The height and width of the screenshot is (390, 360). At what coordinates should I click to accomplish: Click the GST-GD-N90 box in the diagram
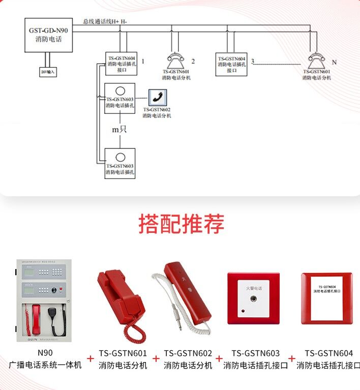click(x=48, y=35)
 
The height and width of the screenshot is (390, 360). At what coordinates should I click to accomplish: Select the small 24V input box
click(x=48, y=72)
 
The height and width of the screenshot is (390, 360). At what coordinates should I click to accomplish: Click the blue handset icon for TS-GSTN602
click(x=157, y=97)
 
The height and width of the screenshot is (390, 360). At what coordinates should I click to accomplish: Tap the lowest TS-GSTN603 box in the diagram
click(x=120, y=163)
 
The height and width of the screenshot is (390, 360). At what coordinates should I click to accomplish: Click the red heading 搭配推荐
click(x=181, y=224)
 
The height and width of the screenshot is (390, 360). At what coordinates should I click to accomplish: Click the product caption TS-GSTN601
click(x=123, y=353)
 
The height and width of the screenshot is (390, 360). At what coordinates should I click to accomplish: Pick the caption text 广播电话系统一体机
click(x=45, y=365)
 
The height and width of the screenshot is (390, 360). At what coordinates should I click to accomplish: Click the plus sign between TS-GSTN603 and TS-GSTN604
click(x=292, y=358)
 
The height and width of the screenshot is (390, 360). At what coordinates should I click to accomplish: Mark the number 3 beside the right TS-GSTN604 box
click(x=253, y=62)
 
